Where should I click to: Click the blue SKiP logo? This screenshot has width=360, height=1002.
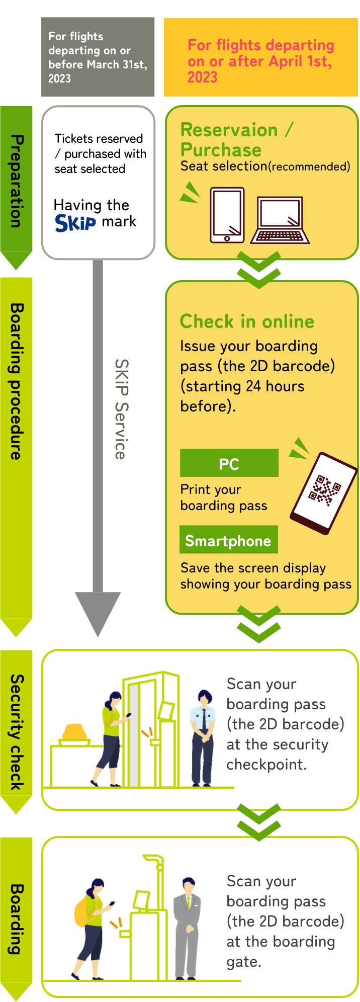point(75,223)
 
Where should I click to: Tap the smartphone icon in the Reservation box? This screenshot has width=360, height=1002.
point(227,215)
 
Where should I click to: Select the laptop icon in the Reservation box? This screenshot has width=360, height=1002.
point(280,220)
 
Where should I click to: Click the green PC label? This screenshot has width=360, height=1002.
point(229,463)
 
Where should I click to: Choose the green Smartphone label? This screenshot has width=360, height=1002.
point(228,540)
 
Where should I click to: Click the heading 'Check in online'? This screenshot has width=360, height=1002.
point(247,321)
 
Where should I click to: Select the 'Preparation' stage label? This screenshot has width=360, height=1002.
point(17,181)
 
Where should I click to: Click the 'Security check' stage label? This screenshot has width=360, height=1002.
point(17,732)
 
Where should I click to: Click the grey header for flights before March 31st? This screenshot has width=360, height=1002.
point(98,57)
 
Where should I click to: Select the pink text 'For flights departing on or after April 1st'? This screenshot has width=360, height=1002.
point(260,61)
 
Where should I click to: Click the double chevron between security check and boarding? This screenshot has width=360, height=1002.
point(259,822)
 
